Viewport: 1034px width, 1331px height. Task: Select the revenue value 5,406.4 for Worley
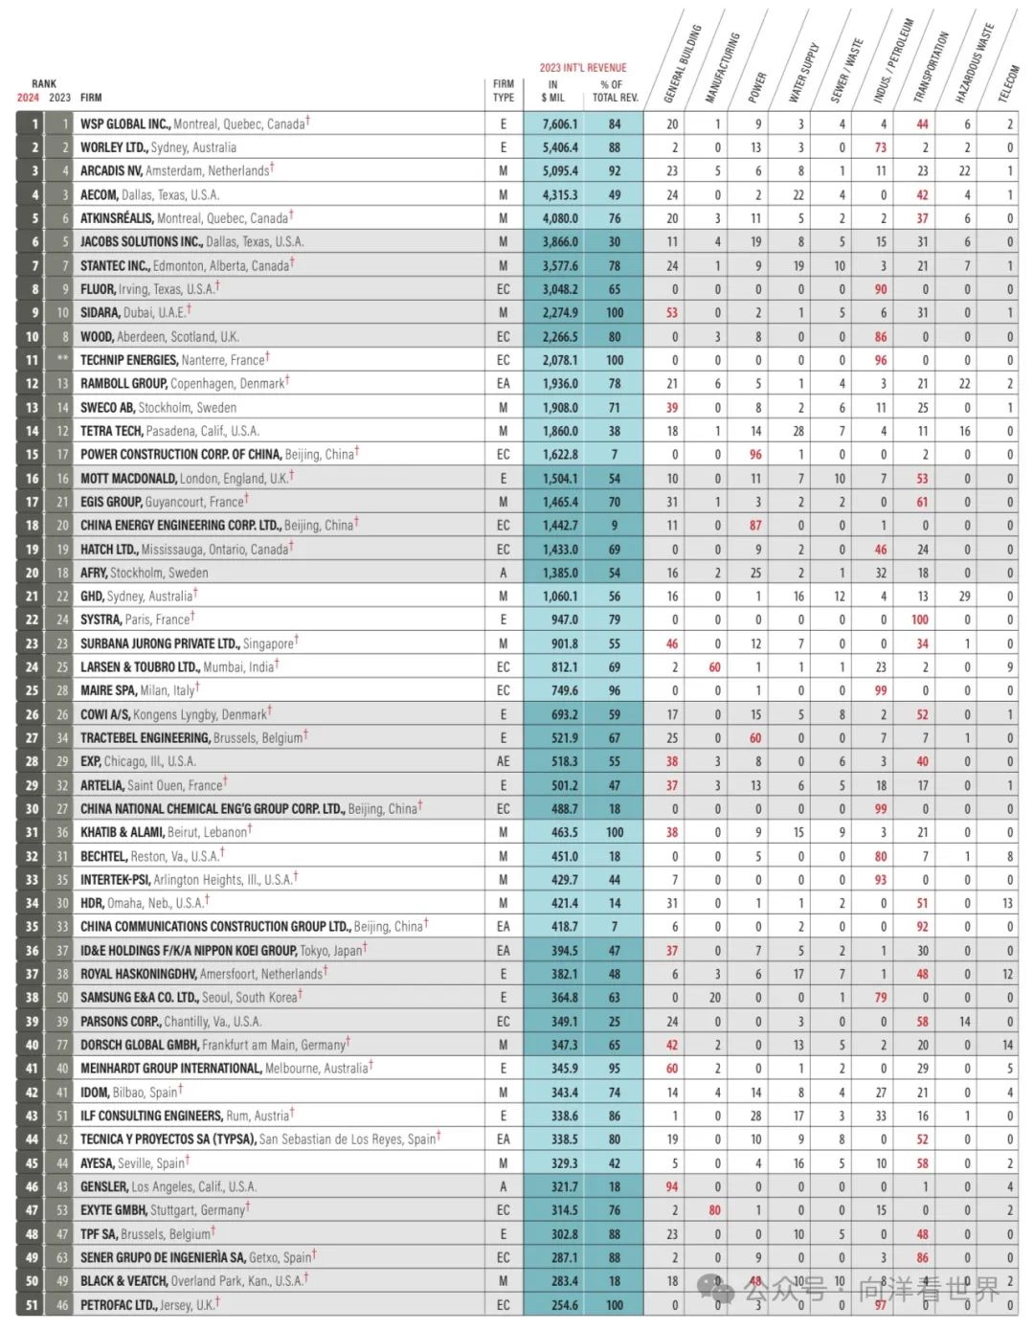point(560,147)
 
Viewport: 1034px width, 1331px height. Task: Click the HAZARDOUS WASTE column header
point(974,63)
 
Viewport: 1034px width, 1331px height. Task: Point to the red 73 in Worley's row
point(880,147)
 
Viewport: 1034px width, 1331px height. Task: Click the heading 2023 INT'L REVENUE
point(582,68)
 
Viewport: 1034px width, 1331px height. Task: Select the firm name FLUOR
point(98,289)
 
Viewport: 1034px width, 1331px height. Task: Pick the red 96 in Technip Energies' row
point(880,360)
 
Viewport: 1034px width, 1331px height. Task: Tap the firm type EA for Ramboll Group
point(503,384)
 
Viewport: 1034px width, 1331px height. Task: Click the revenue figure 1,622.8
point(560,455)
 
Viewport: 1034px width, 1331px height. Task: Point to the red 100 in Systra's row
point(920,620)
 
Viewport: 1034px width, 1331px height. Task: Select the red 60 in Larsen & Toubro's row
point(714,667)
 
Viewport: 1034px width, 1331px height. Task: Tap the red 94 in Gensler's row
point(672,1186)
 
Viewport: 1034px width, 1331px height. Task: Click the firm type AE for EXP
point(503,761)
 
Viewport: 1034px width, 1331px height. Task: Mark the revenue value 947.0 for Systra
point(564,620)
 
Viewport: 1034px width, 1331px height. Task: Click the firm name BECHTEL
point(103,856)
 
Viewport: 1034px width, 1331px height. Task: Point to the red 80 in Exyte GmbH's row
point(714,1210)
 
